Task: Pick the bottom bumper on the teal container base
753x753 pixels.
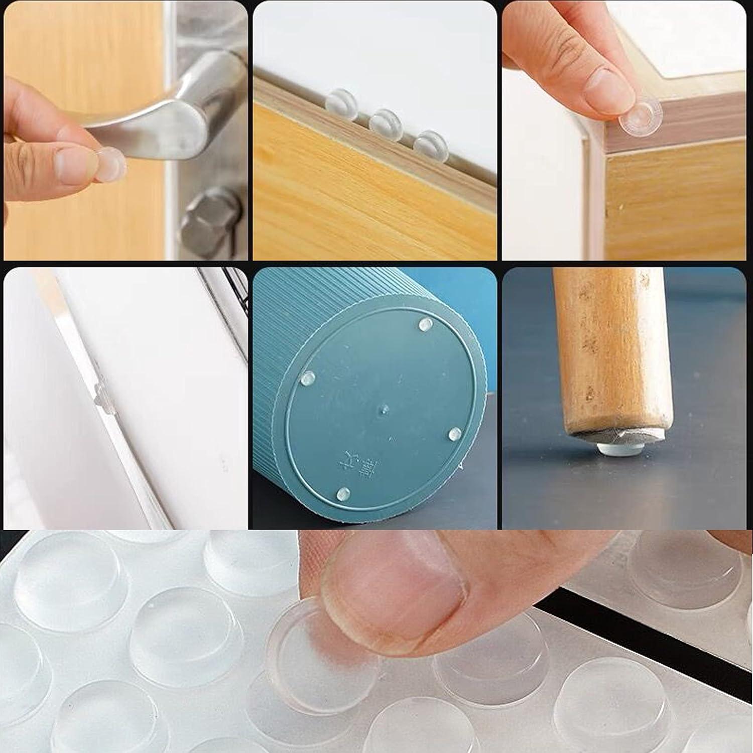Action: [x=343, y=493]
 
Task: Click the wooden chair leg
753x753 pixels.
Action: [x=612, y=351]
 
